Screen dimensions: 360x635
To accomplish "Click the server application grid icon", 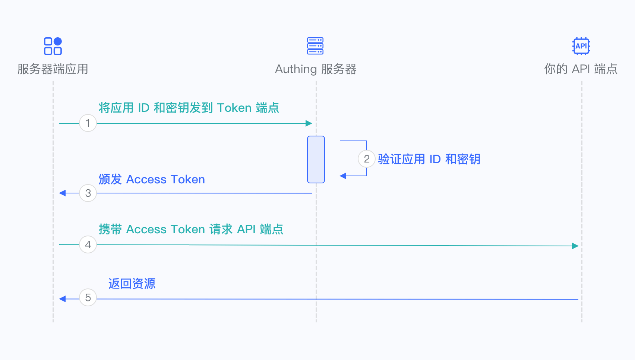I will coord(53,46).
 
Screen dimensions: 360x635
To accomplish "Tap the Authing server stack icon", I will coord(315,46).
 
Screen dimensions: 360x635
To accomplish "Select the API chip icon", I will coord(581,46).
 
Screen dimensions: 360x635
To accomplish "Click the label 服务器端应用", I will coord(53,69).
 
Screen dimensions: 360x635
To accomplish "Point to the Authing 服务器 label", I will coord(316,69).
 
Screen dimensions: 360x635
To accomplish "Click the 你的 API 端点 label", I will coord(581,69).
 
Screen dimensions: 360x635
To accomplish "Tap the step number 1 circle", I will coord(88,123).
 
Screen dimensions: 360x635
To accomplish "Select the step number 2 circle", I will coord(367,159).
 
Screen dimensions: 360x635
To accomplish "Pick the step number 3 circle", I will coord(88,193).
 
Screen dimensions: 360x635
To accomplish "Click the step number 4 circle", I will coord(88,244).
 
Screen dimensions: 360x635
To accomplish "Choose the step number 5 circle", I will coord(88,297).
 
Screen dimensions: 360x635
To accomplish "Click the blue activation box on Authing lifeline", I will coord(316,160).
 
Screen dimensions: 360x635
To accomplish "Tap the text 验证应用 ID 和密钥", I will coord(429,159).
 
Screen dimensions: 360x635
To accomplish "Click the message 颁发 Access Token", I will coord(152,179).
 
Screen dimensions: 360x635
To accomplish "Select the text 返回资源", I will coord(132,284).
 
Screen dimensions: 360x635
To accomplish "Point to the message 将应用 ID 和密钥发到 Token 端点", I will coord(189,108).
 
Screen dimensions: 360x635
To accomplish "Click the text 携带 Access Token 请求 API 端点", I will coord(191,229).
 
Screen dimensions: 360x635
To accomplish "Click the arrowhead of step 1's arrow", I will coord(309,123).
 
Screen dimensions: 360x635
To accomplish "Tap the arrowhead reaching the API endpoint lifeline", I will coord(575,246).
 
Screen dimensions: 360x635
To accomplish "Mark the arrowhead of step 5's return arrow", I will coord(63,299).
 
